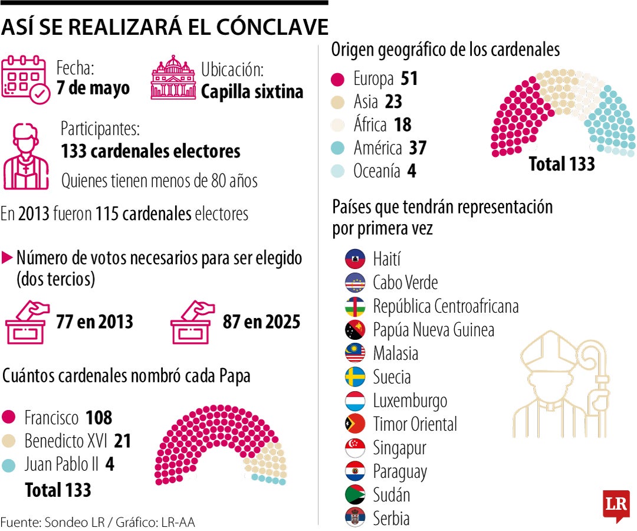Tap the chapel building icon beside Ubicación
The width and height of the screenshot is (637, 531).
click(173, 78)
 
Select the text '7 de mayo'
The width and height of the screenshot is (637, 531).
click(93, 89)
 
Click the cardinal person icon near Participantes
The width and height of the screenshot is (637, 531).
click(26, 156)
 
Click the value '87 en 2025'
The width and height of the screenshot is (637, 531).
click(261, 322)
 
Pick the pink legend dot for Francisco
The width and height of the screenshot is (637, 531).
click(9, 418)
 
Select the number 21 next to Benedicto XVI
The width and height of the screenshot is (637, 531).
click(123, 441)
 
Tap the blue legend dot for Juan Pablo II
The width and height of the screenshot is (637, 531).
click(9, 465)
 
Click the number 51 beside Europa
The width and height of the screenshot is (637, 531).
click(409, 79)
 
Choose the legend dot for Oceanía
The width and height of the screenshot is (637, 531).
click(338, 172)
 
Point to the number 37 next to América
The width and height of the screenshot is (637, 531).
click(418, 148)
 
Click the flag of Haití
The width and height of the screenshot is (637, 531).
click(356, 259)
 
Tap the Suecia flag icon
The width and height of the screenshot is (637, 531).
click(356, 377)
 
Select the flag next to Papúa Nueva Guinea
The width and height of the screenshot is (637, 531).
click(356, 330)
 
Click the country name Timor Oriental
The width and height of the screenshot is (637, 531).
click(415, 424)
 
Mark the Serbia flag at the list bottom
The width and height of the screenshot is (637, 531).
click(356, 517)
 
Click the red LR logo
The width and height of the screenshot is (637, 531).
click(616, 505)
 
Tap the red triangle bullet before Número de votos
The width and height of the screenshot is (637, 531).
click(8, 258)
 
